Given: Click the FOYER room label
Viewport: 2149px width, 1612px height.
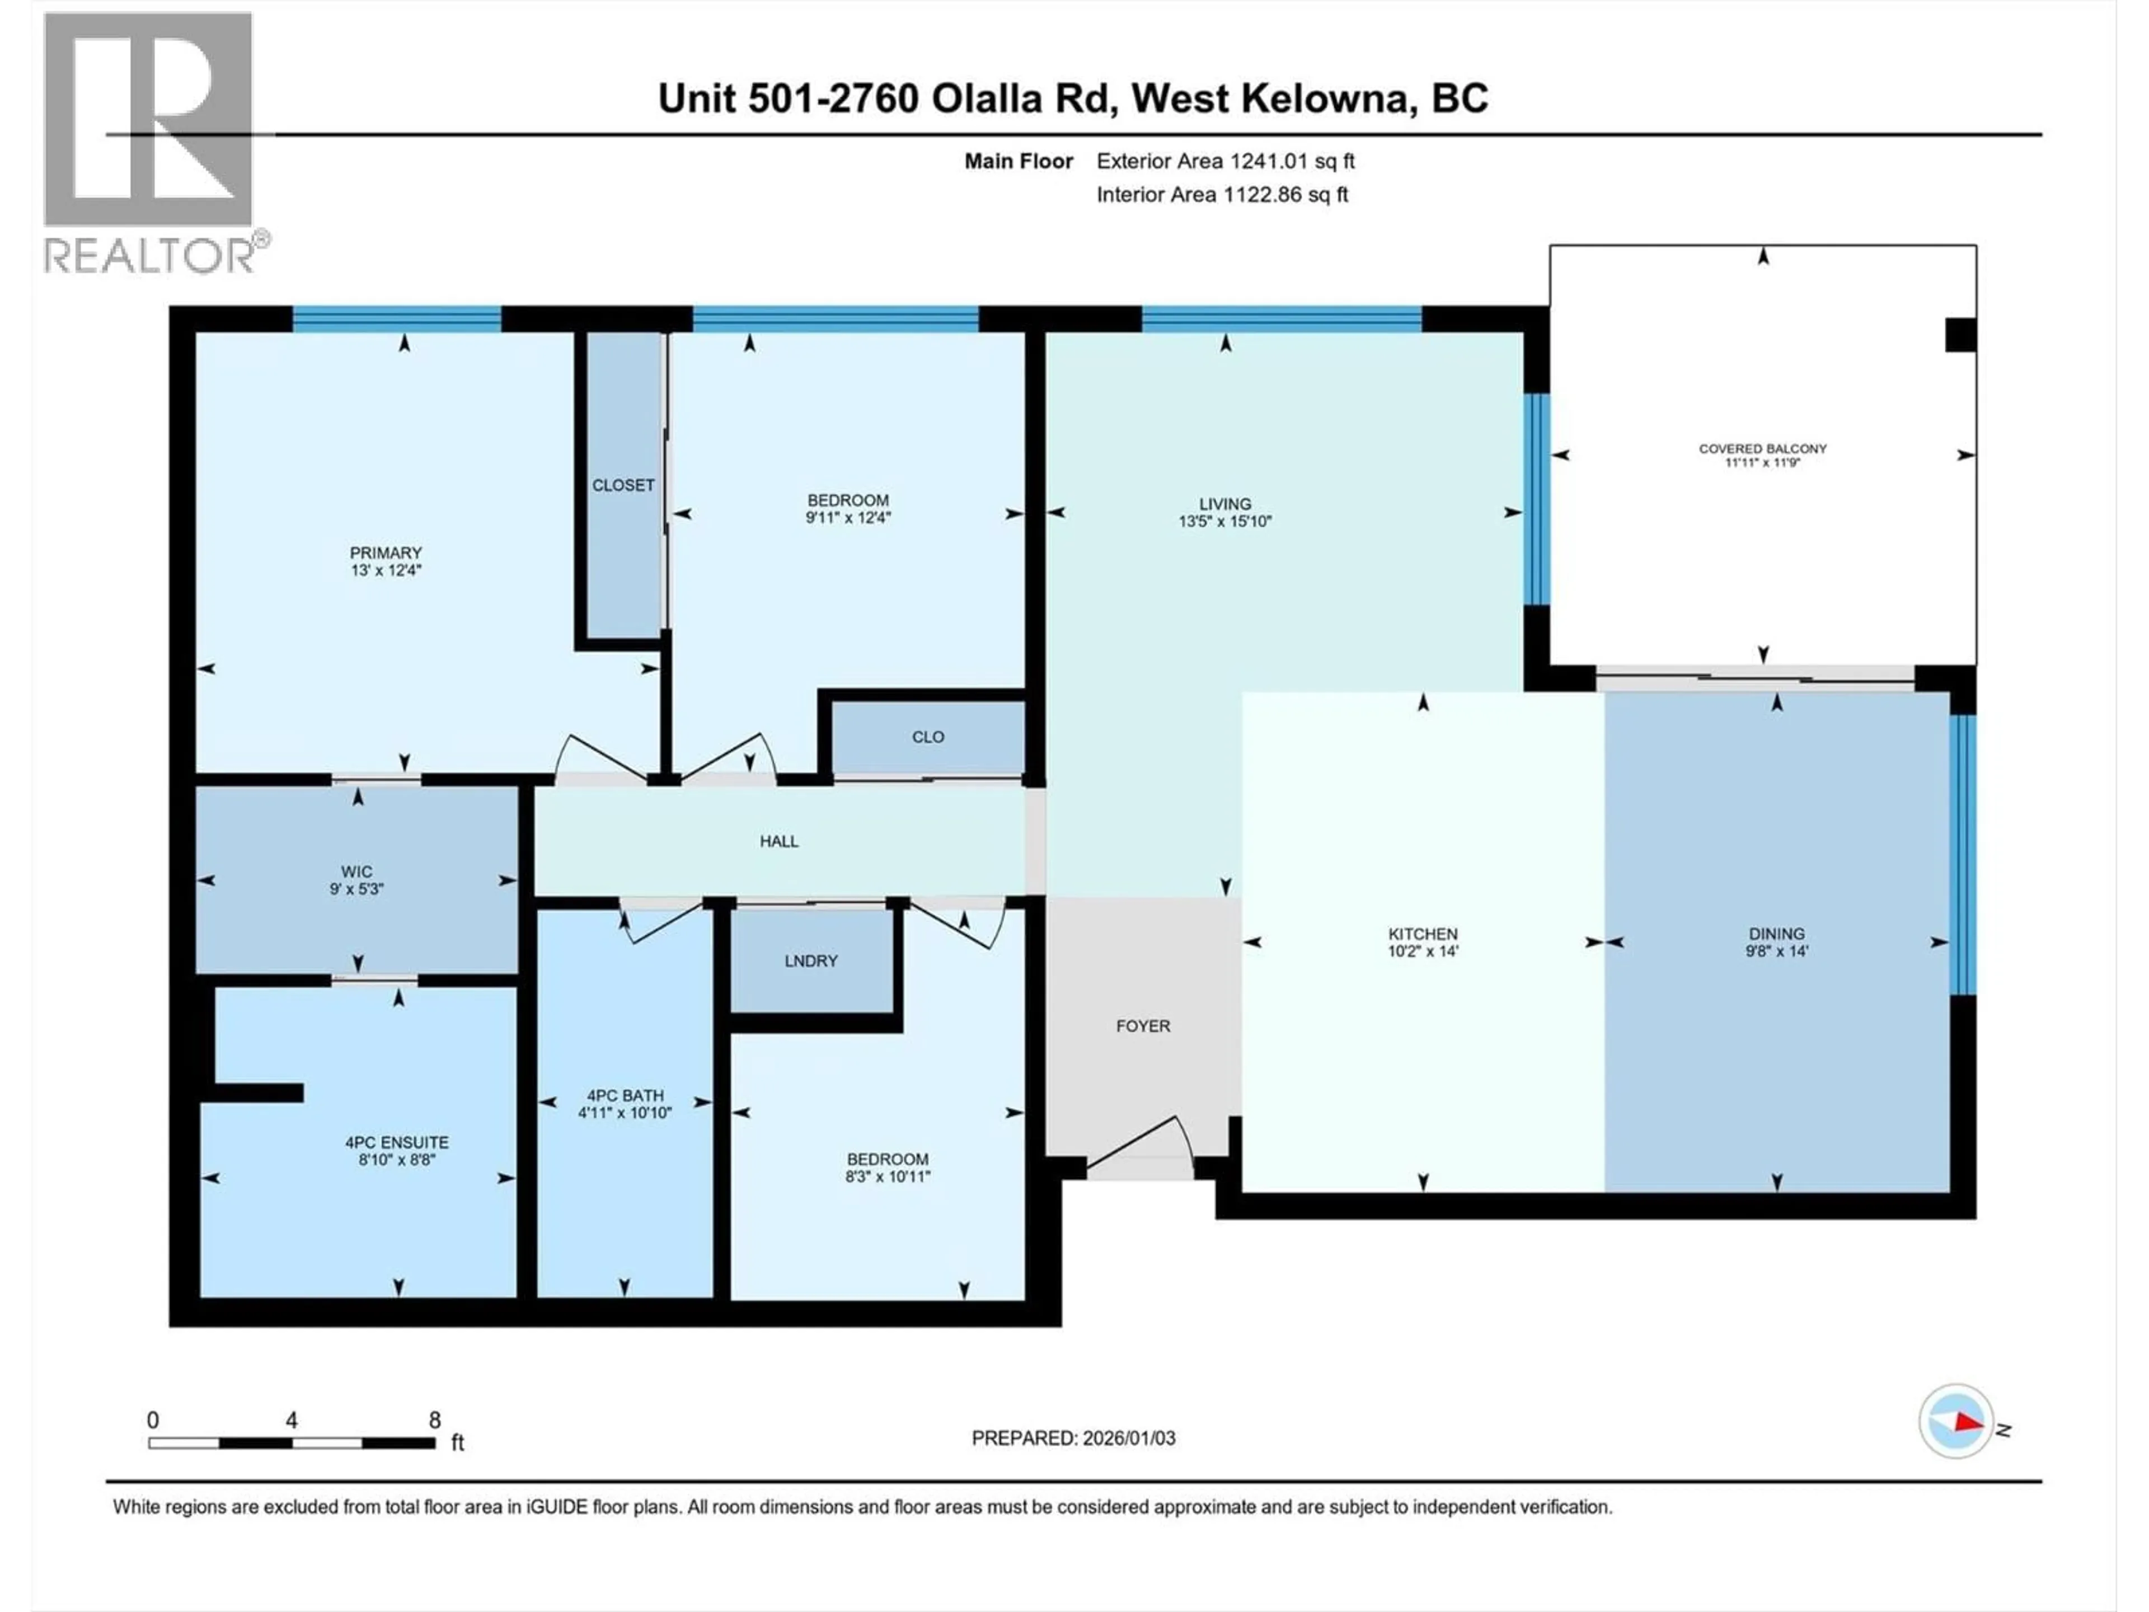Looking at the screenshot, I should click(x=1143, y=1026).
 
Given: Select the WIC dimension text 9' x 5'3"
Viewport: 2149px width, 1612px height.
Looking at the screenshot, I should click(x=356, y=889).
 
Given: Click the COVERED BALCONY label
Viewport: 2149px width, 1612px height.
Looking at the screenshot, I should click(x=1762, y=449).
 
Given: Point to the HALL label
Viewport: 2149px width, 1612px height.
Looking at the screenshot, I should click(x=779, y=841).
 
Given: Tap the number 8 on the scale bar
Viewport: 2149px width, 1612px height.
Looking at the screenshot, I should click(x=434, y=1419).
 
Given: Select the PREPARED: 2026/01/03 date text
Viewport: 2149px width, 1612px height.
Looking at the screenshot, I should click(x=1073, y=1438).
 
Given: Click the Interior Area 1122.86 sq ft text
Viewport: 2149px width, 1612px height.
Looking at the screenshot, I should click(x=1222, y=194).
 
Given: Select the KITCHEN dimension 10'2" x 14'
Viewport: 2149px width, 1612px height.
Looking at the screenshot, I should click(x=1423, y=952).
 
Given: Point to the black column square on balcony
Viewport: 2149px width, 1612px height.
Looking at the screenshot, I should click(x=1959, y=335).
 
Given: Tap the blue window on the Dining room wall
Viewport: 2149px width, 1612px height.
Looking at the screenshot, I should click(x=1963, y=855).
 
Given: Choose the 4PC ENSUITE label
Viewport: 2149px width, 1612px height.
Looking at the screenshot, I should click(x=396, y=1143).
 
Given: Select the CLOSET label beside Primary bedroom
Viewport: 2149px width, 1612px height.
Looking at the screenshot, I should click(x=623, y=485).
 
